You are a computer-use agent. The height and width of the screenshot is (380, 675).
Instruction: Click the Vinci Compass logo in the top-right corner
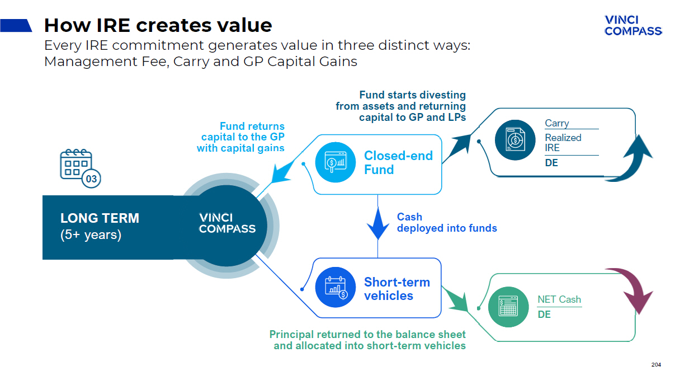pos(633,26)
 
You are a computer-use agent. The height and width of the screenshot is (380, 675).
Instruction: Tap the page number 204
pos(656,365)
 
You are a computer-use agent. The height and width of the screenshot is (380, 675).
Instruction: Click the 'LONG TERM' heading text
pos(100,218)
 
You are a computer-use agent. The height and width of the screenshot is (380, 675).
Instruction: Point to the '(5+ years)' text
pos(91,234)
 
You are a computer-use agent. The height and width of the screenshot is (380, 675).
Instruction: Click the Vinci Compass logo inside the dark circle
pos(227,223)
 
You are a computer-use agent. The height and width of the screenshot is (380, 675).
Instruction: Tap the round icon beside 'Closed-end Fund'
pos(333,162)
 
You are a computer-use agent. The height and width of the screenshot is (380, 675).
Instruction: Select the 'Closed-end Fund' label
pos(398,162)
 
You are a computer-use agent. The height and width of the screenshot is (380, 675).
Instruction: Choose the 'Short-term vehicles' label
pos(396,289)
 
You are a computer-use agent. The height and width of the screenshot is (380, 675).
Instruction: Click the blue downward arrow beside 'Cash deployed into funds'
pos(378,224)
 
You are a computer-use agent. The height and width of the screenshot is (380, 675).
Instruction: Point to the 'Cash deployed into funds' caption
pos(446,222)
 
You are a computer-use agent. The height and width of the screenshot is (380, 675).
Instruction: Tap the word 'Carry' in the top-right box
pos(556,123)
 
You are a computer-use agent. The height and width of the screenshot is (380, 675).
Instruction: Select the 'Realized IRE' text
pos(563,142)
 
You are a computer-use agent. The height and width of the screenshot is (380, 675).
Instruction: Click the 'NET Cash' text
pos(559,299)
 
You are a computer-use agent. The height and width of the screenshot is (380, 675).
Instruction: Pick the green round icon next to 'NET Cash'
pos(508,306)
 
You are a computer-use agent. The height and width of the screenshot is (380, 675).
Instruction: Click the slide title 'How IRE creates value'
pos(158,25)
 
